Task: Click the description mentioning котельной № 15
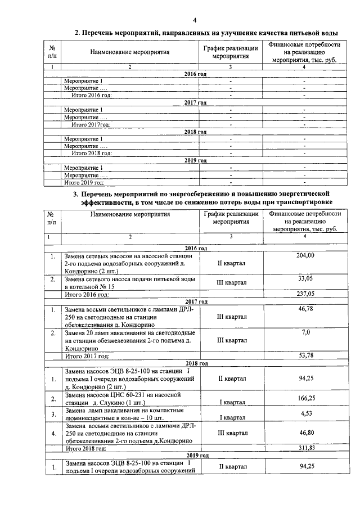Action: point(130,282)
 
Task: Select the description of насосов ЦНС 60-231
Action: point(130,399)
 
